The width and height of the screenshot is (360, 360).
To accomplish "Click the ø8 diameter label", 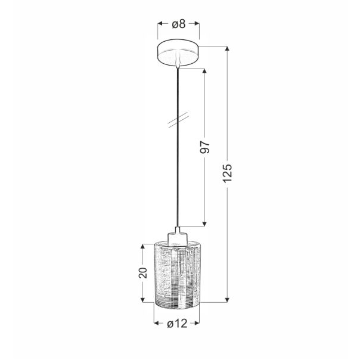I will (x=178, y=24).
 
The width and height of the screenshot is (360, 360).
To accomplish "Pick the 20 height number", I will (x=142, y=274).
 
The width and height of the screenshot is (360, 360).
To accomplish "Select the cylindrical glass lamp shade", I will (x=178, y=274).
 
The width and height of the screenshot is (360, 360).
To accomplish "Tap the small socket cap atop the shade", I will (x=178, y=238).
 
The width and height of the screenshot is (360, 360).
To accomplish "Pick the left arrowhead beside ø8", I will (x=160, y=24).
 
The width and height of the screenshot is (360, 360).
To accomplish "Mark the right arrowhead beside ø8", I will (x=197, y=24).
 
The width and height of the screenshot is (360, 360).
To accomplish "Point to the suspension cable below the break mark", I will (x=178, y=179).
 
